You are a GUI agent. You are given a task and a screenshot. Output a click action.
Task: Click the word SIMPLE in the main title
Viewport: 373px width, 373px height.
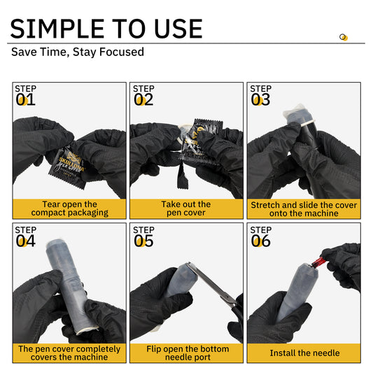pos(57,29)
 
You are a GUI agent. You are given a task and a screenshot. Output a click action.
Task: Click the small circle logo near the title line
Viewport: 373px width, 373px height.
pos(344,37)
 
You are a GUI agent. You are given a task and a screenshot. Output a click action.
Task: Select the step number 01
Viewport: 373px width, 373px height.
pos(25,99)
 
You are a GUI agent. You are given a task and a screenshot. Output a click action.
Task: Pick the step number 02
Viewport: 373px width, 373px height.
pos(143,99)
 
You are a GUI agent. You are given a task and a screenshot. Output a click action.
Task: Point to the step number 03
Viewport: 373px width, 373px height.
pos(260,99)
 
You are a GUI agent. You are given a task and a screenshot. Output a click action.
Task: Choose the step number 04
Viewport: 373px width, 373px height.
pos(25,241)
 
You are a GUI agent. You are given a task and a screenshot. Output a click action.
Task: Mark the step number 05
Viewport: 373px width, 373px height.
pos(143,241)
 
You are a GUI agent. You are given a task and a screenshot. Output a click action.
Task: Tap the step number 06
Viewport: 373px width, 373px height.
pos(260,241)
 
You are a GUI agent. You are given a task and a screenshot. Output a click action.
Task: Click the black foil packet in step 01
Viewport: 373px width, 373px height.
pos(69,167)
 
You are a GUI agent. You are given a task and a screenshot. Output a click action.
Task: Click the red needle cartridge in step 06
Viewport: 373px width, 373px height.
pos(318,262)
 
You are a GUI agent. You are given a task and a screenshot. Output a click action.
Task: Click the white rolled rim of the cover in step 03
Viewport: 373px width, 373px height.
pos(307,123)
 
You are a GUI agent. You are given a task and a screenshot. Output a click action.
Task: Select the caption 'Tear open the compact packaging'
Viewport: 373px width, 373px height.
pos(69,209)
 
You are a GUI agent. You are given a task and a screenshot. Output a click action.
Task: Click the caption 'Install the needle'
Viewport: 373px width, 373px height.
pos(304,353)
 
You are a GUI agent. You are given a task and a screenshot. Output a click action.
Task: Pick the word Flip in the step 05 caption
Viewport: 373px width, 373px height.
pos(154,349)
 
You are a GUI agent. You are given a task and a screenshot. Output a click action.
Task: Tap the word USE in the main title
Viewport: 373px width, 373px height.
pos(178,29)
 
